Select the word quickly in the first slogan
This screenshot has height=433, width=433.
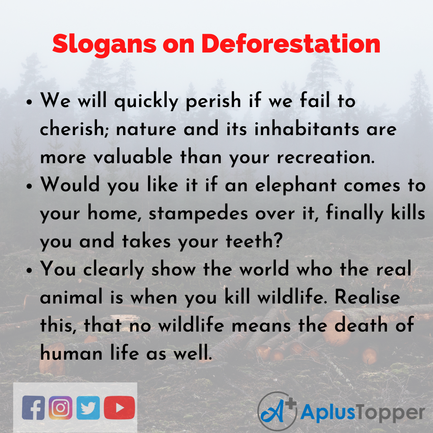(146, 102)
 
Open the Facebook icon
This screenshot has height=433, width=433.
(34, 408)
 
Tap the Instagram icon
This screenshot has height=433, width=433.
(61, 408)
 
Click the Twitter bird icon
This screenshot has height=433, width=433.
(88, 408)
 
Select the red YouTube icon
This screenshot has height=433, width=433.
(119, 408)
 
